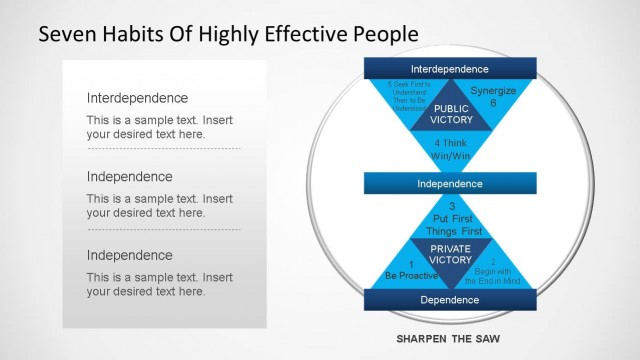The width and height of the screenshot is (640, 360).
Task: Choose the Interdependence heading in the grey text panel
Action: click(137, 98)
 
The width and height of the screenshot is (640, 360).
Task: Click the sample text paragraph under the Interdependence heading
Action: click(159, 126)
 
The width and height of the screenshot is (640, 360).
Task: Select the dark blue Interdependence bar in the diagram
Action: click(450, 69)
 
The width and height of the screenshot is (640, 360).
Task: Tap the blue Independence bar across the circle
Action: click(450, 184)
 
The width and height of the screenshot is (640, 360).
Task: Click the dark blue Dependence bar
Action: click(450, 299)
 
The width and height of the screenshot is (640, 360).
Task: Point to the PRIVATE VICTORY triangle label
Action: click(450, 254)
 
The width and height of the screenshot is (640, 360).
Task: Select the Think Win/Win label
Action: click(451, 150)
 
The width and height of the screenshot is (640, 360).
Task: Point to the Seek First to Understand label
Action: click(405, 96)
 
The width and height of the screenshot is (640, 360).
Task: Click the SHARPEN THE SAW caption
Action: click(450, 339)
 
